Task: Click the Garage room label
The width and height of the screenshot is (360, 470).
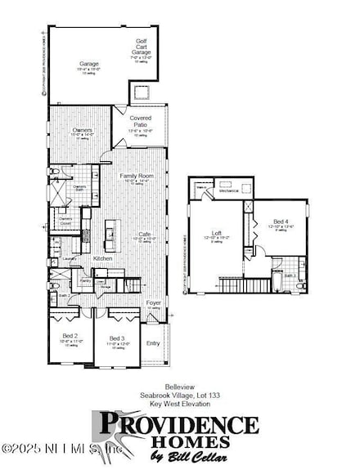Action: [x=88, y=63]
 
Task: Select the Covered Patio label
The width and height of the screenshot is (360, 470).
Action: [x=141, y=122]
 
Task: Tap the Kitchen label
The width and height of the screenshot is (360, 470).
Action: [x=103, y=258]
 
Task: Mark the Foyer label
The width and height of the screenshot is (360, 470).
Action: [x=153, y=302]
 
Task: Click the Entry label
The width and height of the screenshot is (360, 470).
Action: [x=154, y=343]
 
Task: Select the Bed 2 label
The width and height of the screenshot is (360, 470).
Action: [x=70, y=336]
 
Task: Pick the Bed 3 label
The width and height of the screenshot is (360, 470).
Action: [x=116, y=338]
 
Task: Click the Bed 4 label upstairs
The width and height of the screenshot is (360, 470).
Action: [x=280, y=222]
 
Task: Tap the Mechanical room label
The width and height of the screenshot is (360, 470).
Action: [x=229, y=190]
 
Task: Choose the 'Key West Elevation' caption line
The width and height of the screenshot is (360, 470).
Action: [x=179, y=403]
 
